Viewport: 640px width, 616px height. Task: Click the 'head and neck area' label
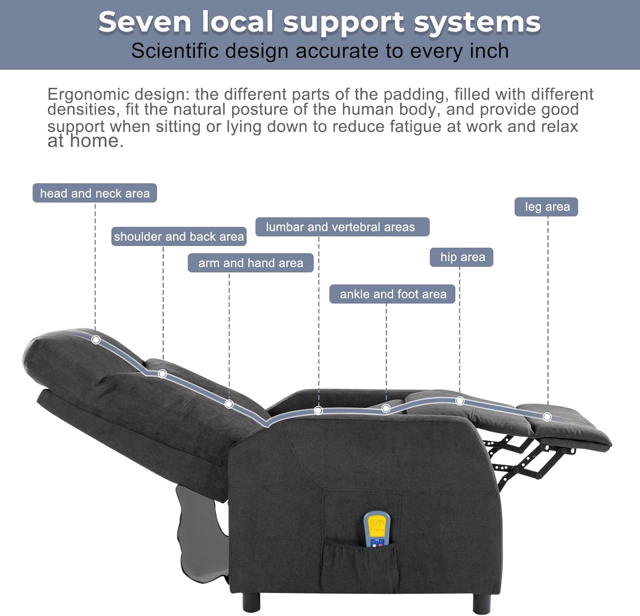coord(95,193)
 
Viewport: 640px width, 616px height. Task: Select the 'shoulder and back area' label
coord(179,237)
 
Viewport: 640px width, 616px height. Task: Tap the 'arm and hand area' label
coord(250,263)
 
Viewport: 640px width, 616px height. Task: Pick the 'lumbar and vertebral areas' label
coord(340,227)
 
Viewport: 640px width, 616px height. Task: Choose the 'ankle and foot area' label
coord(393,294)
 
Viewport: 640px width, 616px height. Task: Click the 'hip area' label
coord(462,257)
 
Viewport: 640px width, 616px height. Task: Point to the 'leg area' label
coord(547,207)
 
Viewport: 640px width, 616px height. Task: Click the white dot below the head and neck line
coord(96,340)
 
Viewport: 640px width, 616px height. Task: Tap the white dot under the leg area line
coord(547,416)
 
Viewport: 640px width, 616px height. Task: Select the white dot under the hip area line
coord(460,401)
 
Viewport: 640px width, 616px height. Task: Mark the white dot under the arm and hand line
coord(229,404)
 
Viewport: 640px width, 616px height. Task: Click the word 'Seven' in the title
coord(145,22)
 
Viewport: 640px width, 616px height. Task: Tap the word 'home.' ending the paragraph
coord(97,142)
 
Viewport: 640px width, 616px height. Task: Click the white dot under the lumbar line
coord(318,411)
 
